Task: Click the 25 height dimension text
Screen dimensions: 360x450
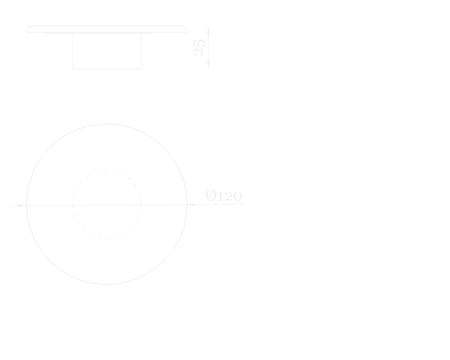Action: pyautogui.click(x=199, y=48)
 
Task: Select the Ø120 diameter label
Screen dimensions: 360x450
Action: pyautogui.click(x=224, y=196)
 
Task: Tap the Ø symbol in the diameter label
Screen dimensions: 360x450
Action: pyautogui.click(x=211, y=195)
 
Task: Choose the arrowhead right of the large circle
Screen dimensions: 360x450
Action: pyautogui.click(x=191, y=204)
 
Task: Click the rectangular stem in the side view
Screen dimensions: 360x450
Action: pyautogui.click(x=107, y=51)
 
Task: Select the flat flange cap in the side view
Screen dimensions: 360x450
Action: pyautogui.click(x=107, y=29)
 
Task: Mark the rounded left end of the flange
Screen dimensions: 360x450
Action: pyautogui.click(x=28, y=29)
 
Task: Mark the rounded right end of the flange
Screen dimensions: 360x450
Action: pyautogui.click(x=186, y=29)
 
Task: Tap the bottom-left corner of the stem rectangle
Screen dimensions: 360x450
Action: pyautogui.click(x=73, y=68)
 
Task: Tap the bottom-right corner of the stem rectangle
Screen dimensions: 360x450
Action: pyautogui.click(x=141, y=68)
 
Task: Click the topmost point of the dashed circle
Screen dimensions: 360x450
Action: pyautogui.click(x=107, y=170)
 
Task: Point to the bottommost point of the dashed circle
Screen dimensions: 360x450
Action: pyautogui.click(x=107, y=238)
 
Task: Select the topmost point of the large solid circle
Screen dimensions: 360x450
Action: pyautogui.click(x=107, y=124)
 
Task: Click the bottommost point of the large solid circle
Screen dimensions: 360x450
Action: pyautogui.click(x=107, y=284)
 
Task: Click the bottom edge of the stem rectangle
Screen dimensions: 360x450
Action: pyautogui.click(x=107, y=68)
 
